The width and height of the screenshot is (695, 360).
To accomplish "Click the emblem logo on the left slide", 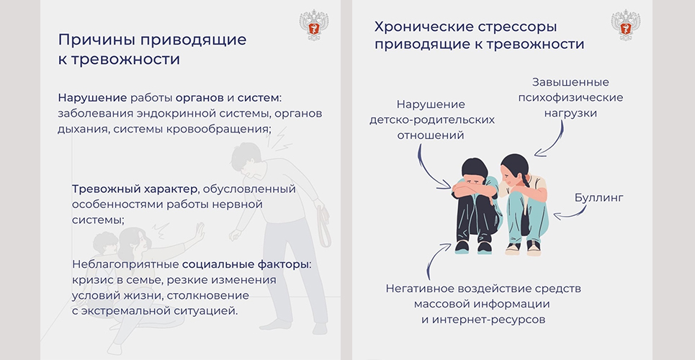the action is click(x=313, y=25).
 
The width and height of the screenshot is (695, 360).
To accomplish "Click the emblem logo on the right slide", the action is click(x=625, y=25).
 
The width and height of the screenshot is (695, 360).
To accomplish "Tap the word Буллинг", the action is click(x=598, y=198).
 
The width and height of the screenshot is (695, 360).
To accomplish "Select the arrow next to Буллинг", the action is click(x=570, y=214).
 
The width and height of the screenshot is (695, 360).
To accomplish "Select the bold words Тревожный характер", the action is click(x=134, y=189).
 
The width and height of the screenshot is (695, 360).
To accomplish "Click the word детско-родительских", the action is click(x=431, y=120).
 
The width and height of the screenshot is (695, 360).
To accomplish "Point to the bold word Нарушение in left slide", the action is click(x=93, y=97).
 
